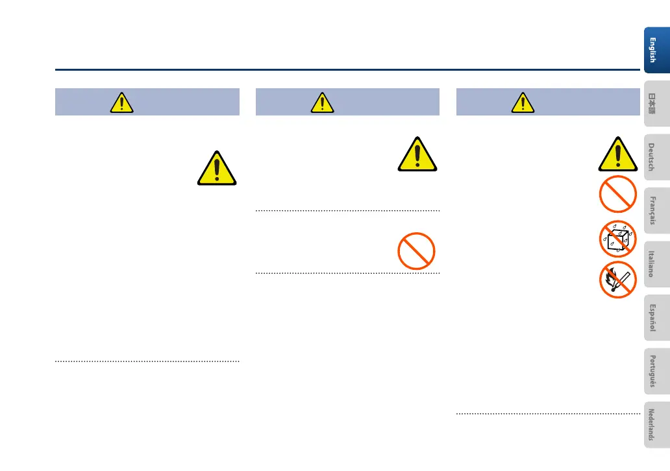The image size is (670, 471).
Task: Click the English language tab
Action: tap(656, 47)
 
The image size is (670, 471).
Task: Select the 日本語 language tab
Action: tap(656, 102)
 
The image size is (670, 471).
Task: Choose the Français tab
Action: tap(656, 210)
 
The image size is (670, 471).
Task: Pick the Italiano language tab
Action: tap(656, 264)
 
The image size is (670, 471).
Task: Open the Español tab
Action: tap(656, 319)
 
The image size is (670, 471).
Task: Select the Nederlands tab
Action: tap(656, 426)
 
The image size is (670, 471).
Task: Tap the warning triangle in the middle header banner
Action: tap(321, 103)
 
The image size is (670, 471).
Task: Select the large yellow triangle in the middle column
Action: tap(416, 156)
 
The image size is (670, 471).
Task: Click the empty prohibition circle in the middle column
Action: tap(416, 250)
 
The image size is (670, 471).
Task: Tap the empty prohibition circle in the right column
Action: tap(616, 194)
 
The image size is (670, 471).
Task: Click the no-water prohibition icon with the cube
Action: tap(616, 237)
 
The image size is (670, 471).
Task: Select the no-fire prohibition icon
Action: tap(616, 280)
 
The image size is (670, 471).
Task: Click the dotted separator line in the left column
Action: tap(147, 361)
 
